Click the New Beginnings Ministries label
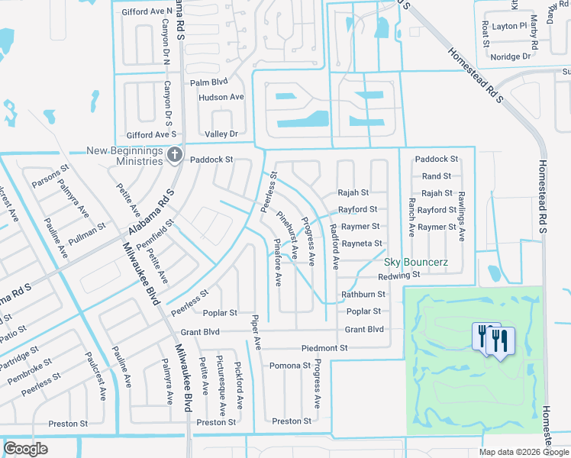[x=124, y=156]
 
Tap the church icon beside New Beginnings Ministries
[x=174, y=156]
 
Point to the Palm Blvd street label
[x=209, y=82]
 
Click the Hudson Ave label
[x=221, y=98]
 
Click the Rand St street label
[x=437, y=176]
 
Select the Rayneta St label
[x=362, y=244]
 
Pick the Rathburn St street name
[x=363, y=294]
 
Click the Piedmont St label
[x=324, y=348]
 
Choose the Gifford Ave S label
[x=152, y=134]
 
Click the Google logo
[x=26, y=449]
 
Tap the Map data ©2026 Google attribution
[x=524, y=452]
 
